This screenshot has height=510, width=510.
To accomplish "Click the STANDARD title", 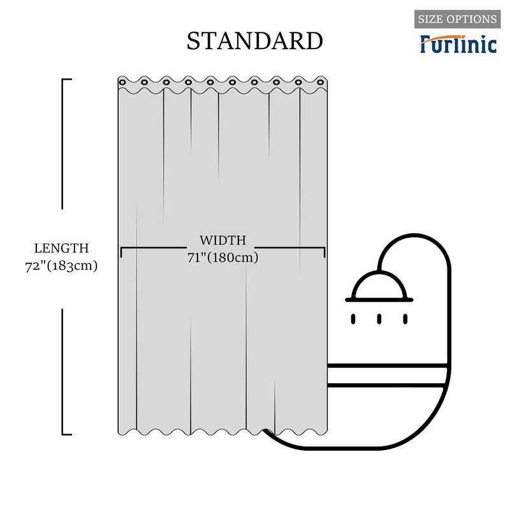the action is tap(254, 40).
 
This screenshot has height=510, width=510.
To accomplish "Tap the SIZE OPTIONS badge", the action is tap(457, 19).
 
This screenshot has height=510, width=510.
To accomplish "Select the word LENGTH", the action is tap(61, 248).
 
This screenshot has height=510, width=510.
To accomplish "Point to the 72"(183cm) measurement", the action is tap(61, 266).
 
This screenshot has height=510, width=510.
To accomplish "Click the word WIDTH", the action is tap(222, 240).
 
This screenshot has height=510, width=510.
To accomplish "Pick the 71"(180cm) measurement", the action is tap(222, 258).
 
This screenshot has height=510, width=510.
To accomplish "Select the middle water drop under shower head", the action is tap(379, 318).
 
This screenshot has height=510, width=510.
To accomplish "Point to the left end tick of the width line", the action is tap(121, 252).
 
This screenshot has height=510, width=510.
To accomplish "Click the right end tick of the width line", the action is tap(324, 252).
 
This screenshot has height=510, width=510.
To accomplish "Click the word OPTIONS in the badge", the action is tap(472, 19).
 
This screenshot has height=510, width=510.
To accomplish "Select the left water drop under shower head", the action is tap(354, 318).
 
